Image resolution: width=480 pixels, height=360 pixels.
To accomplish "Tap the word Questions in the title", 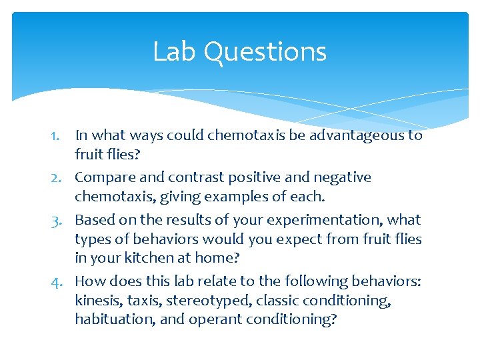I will [265, 53].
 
